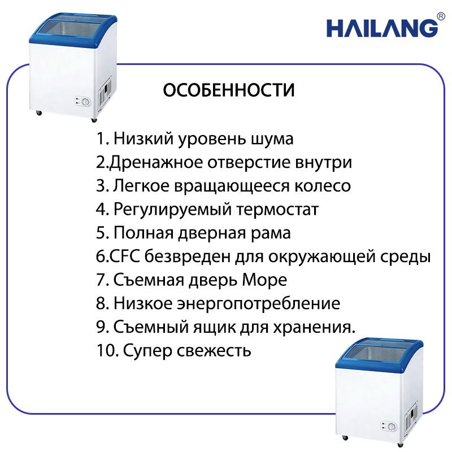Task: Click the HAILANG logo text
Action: click(382, 28)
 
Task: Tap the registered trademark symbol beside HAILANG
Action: click(441, 16)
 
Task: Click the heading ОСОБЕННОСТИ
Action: click(229, 90)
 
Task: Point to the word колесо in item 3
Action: click(323, 186)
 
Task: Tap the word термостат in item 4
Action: click(277, 210)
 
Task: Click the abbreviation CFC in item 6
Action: click(125, 257)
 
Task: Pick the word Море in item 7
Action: click(264, 280)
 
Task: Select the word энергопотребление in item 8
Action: click(258, 304)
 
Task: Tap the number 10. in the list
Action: click(107, 350)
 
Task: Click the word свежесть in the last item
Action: click(214, 351)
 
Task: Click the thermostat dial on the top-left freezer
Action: click(86, 102)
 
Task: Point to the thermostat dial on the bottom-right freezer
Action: click(392, 427)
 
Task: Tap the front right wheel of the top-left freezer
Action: click(94, 120)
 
